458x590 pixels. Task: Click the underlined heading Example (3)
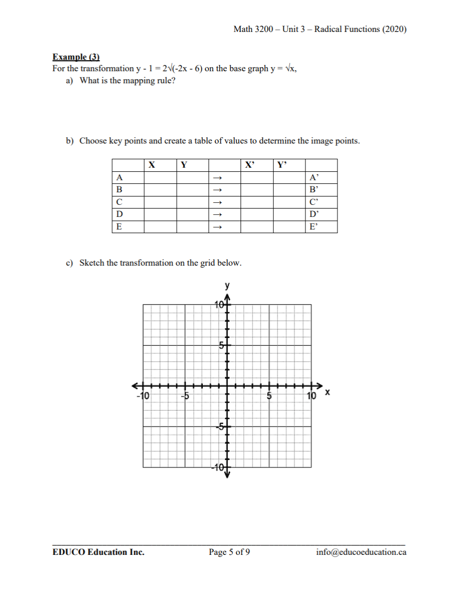click(76, 57)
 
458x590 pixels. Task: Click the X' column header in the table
click(249, 165)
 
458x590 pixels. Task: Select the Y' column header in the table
click(282, 165)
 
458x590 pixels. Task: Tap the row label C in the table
click(119, 202)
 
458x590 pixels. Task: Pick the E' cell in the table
click(314, 227)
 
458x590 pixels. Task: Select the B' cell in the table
click(314, 190)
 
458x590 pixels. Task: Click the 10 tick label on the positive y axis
click(220, 305)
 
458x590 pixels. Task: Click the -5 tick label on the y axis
click(221, 427)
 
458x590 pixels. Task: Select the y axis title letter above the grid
click(227, 286)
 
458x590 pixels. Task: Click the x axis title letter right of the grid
click(328, 392)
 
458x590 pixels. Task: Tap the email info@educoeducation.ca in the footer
click(361, 552)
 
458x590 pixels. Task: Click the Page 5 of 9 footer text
click(229, 552)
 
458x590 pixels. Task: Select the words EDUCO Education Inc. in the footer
click(99, 552)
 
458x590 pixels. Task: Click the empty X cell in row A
click(160, 178)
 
